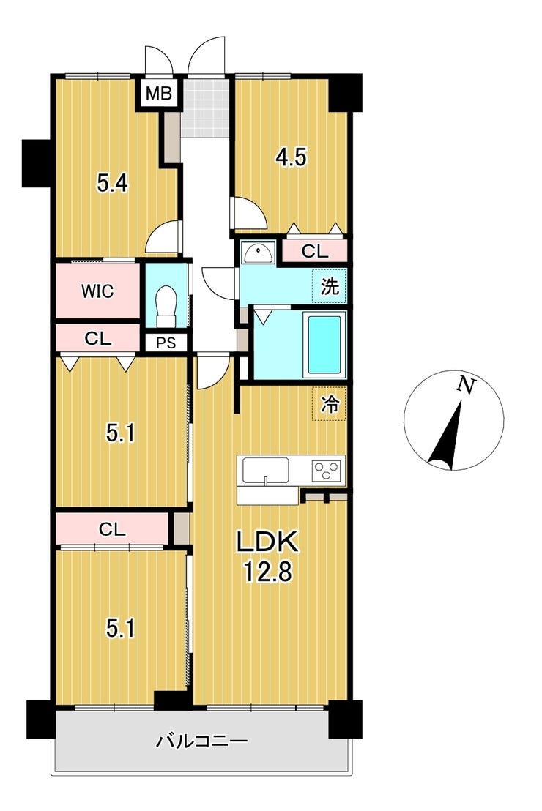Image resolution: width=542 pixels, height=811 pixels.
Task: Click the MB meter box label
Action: (x=158, y=94)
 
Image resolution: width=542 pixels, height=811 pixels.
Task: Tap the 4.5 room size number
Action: (x=291, y=157)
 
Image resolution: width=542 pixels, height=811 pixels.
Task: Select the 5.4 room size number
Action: (x=113, y=183)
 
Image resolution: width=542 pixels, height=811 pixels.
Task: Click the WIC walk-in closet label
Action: (x=97, y=291)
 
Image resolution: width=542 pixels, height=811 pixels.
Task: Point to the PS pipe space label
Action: (x=166, y=343)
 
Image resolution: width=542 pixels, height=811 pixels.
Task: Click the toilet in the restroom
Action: (x=166, y=306)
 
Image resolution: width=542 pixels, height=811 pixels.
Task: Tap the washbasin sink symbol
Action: (x=257, y=253)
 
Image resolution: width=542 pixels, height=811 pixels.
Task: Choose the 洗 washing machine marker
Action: (x=330, y=286)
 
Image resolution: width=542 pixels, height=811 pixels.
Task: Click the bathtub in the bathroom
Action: (x=324, y=344)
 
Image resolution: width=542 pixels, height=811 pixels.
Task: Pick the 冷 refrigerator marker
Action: (x=330, y=404)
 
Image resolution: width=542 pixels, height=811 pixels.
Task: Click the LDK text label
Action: (x=267, y=542)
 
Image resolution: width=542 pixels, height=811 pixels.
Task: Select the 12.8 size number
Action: (x=268, y=572)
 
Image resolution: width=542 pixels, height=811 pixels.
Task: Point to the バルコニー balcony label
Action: (x=202, y=741)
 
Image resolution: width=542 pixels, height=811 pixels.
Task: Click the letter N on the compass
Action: (x=467, y=385)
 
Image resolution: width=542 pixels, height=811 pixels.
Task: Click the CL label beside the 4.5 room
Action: (x=315, y=252)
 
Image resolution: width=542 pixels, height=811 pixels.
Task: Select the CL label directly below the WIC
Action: (x=98, y=339)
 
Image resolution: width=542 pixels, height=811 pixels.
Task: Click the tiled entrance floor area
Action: (x=206, y=108)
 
